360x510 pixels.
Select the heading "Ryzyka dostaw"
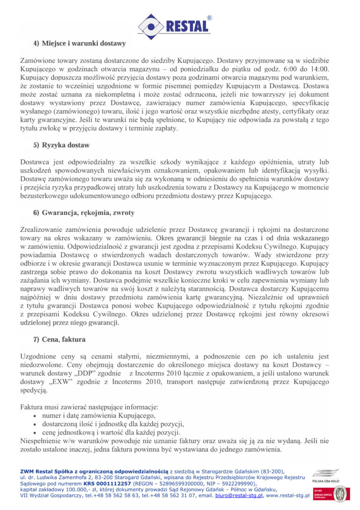pos(66,145)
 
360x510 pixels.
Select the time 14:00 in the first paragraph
pos(319,69)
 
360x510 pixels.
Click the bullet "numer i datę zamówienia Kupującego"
pos(98,415)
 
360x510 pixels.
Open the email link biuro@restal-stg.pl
pos(239,495)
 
